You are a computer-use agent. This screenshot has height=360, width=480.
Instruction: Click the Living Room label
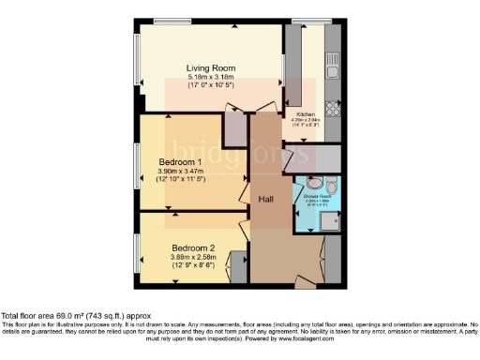(x=209, y=68)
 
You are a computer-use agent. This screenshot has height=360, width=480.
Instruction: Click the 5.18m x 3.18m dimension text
(x=209, y=77)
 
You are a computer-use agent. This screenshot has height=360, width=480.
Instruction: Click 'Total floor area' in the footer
(x=30, y=316)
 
